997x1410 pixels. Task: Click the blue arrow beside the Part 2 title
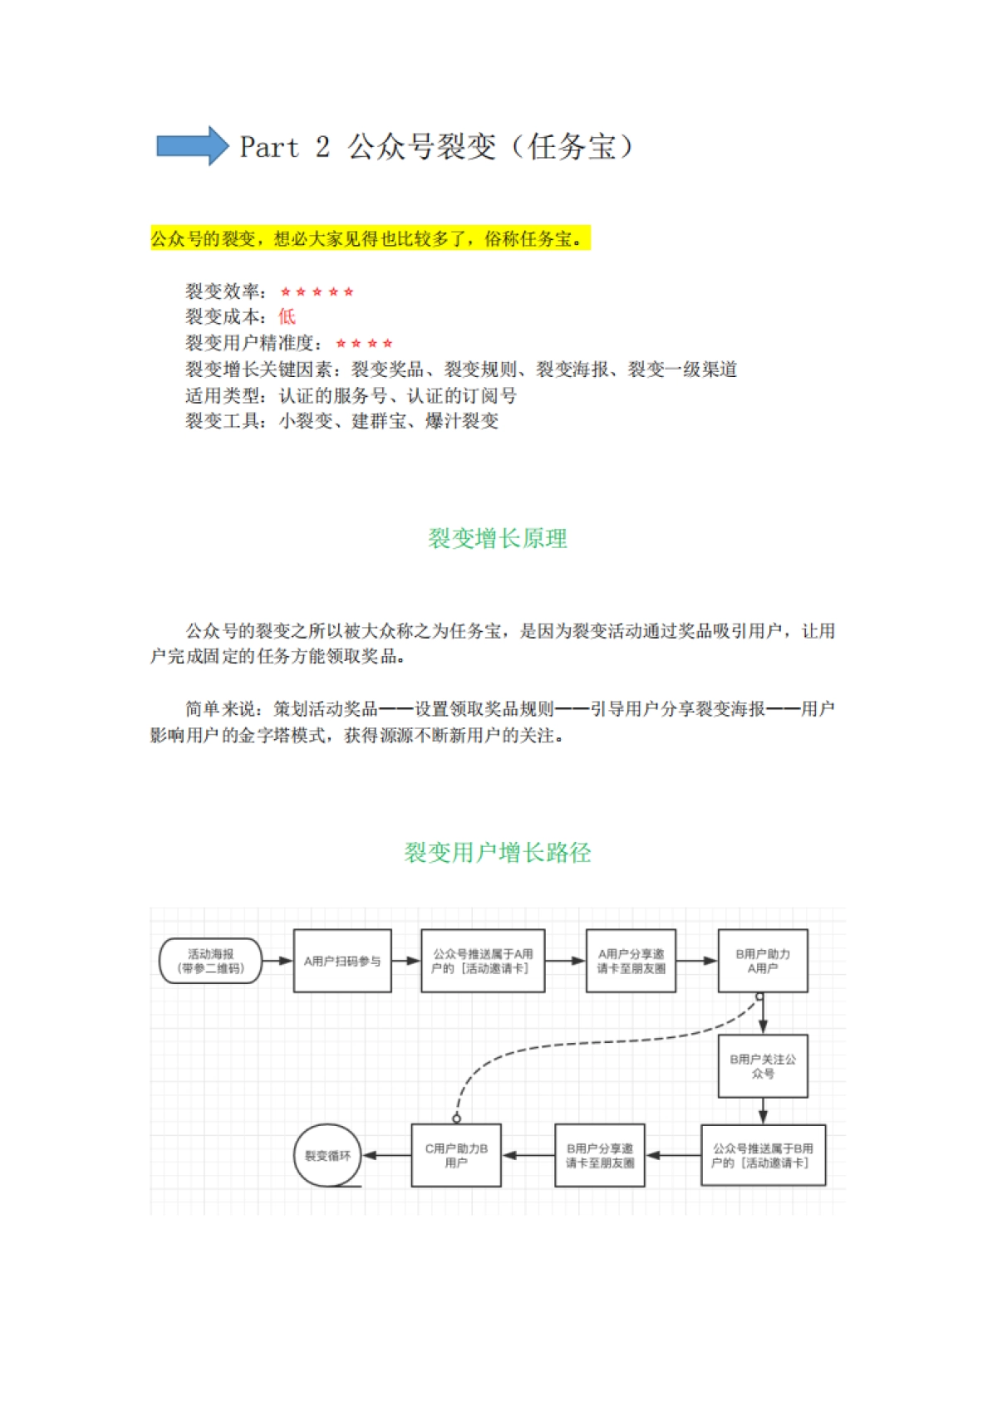point(192,146)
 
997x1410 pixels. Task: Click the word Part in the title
point(268,147)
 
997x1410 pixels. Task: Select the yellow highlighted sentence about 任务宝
point(370,239)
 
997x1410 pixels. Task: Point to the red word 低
point(287,316)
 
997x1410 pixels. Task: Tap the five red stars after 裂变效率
point(317,291)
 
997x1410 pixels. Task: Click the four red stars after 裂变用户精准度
point(364,343)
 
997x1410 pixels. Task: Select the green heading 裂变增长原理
point(497,538)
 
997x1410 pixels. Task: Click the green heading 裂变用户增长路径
point(497,852)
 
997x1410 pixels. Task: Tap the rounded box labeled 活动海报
point(210,961)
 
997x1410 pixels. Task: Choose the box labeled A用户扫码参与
point(342,961)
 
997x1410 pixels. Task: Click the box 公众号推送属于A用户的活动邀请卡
point(483,961)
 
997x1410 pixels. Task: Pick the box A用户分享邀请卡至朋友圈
point(631,961)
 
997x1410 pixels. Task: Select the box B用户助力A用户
point(763,961)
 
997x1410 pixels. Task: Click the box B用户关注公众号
point(763,1066)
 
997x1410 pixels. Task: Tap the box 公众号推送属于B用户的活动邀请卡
point(763,1155)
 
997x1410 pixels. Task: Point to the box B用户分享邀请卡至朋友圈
point(600,1155)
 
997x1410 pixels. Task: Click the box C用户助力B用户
point(456,1155)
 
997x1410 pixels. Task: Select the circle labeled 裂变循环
point(327,1155)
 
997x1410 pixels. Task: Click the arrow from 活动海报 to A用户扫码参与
point(277,961)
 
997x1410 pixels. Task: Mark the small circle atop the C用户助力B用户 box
point(456,1119)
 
